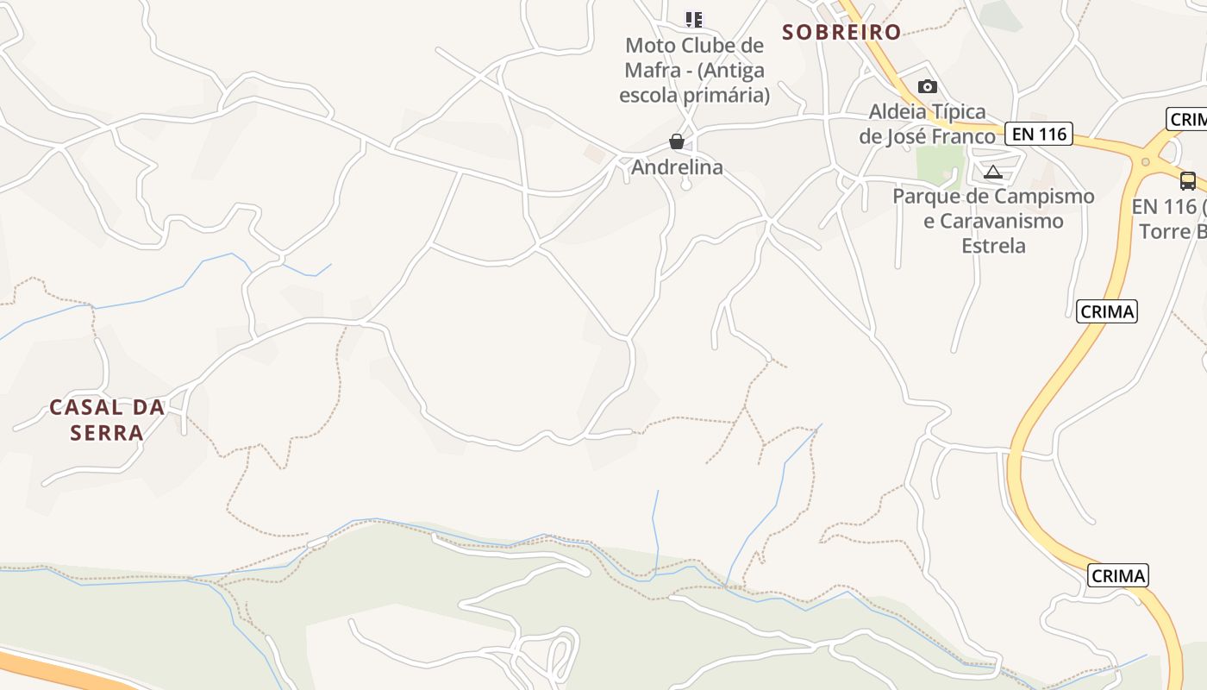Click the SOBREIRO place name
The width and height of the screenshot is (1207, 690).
pos(841,33)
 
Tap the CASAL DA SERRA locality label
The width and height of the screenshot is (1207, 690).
pos(107,419)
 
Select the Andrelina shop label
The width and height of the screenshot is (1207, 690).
pos(677,167)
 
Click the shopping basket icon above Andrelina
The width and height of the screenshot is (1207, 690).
pos(677,141)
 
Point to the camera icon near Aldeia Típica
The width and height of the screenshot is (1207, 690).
pos(928,86)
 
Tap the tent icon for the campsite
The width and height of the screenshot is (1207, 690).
pos(993,172)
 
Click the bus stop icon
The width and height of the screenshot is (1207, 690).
pos(1187,181)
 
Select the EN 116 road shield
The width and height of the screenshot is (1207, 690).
pos(1039,134)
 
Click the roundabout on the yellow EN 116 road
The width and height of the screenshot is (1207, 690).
pos(1146,161)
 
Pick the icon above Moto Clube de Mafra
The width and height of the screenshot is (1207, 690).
pos(694,19)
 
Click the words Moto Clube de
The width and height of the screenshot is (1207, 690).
pos(694,46)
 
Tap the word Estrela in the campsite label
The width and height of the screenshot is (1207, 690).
pos(994,246)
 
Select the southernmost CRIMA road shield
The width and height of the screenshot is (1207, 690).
pos(1118,575)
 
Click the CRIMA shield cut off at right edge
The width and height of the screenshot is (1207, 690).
pos(1188,119)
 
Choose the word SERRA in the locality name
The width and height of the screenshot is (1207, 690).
pos(107,432)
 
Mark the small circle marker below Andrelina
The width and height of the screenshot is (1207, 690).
pos(686,185)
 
